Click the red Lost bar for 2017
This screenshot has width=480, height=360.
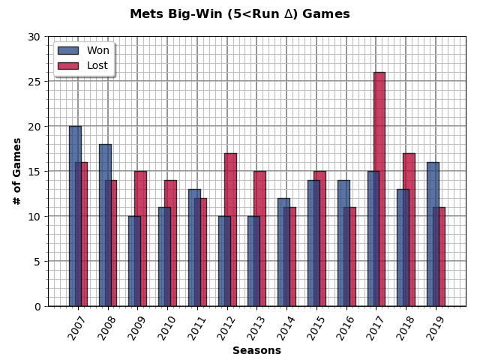[380, 189]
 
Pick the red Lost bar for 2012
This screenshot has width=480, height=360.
[231, 229]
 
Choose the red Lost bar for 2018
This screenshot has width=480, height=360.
[409, 229]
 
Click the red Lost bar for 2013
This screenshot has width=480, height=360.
[260, 238]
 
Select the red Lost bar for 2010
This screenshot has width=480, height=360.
[171, 243]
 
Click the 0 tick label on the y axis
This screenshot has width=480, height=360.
[37, 306]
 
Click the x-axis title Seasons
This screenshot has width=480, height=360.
[256, 350]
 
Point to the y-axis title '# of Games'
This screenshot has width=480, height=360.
[17, 171]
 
